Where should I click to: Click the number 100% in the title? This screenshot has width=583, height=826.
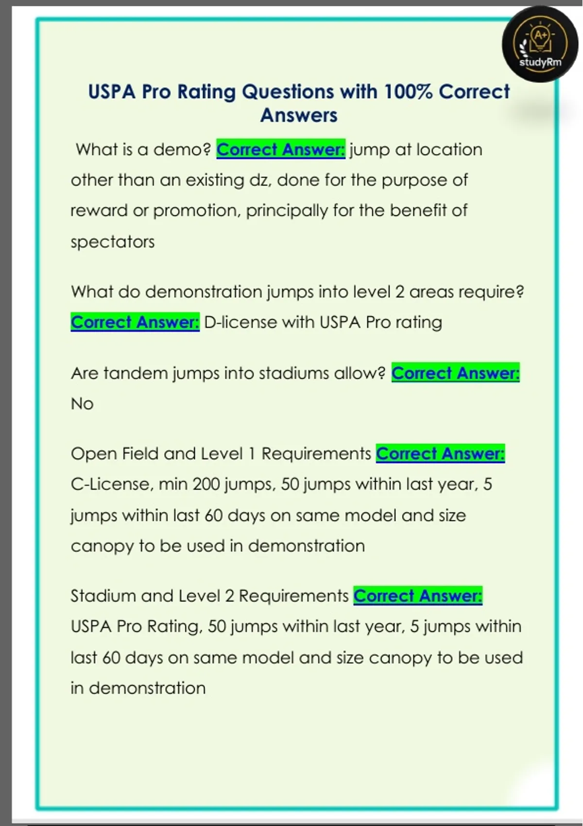[x=407, y=92]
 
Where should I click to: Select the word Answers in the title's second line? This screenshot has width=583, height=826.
[x=298, y=116]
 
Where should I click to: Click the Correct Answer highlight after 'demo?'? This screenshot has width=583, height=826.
[x=281, y=150]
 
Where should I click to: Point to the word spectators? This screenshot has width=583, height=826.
[x=113, y=241]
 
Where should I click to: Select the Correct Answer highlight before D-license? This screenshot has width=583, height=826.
[x=135, y=322]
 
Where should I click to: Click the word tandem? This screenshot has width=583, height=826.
[x=136, y=373]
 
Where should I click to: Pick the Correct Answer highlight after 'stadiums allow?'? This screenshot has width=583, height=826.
[x=455, y=373]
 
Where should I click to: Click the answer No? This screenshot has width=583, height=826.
[x=82, y=403]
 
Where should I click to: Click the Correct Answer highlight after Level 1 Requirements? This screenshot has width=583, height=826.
[x=440, y=454]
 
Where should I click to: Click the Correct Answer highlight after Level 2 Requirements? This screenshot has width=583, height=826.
[x=418, y=596]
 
